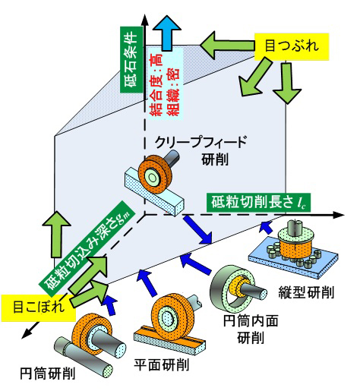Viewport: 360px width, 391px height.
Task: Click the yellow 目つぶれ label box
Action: [292, 47]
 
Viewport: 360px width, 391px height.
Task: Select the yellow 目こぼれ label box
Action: [38, 307]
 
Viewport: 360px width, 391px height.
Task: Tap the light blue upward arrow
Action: [167, 33]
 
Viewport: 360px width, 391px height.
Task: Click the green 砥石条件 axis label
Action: [131, 60]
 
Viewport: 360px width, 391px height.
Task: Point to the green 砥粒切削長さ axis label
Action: [258, 203]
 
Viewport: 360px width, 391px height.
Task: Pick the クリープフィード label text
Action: [201, 142]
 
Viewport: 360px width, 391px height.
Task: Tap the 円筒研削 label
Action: [48, 374]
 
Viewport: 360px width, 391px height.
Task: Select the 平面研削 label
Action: [162, 365]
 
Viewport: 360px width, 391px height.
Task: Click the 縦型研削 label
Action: [306, 292]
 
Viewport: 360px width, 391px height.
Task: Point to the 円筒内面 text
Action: [251, 320]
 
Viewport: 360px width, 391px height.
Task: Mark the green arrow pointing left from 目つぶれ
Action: [227, 46]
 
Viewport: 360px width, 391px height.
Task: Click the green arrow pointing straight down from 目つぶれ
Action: [287, 83]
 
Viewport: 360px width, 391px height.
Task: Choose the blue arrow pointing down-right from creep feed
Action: [198, 229]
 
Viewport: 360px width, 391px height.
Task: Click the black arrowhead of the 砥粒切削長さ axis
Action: [339, 215]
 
